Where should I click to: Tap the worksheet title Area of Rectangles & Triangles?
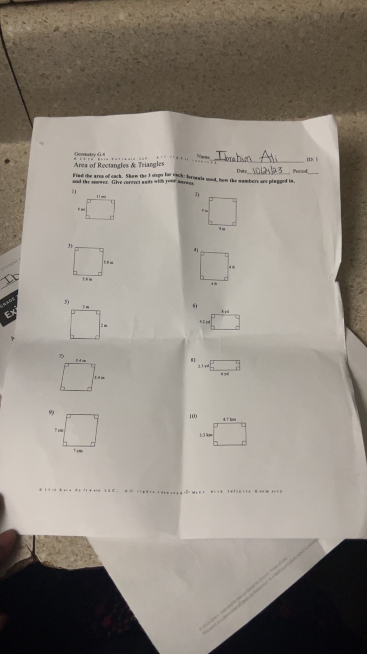coord(119,164)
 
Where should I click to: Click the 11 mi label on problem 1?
coord(101,196)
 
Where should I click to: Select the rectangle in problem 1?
coord(100,209)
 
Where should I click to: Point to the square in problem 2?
coord(223,211)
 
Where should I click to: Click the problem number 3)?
coord(70,246)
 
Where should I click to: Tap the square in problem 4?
coord(214,266)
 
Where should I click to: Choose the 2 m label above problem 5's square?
coord(86,307)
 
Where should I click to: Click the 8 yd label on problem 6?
coord(225,312)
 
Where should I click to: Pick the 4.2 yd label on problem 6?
coord(205,321)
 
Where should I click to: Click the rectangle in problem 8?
coord(225,365)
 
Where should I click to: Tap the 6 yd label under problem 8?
coord(225,374)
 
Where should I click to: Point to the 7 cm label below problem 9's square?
coord(78,451)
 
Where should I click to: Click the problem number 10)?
coord(193,416)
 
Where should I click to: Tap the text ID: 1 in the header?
coord(312,159)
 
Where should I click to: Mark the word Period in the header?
coord(300,171)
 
